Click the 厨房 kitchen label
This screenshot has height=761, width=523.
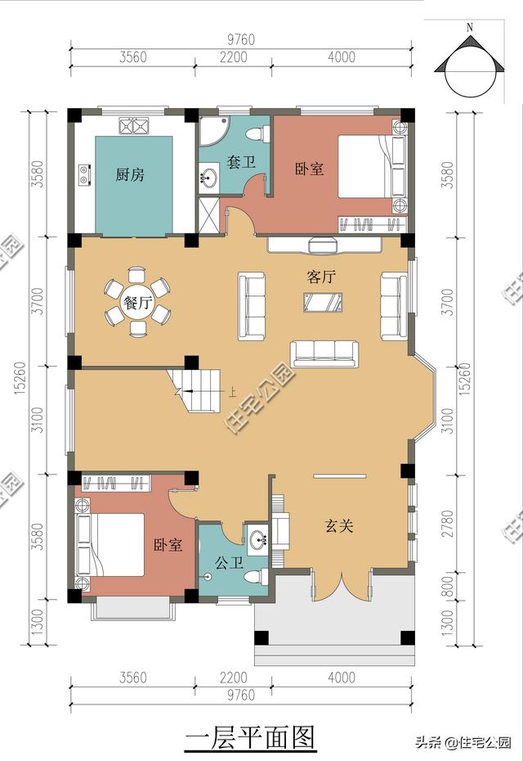pyautogui.click(x=130, y=174)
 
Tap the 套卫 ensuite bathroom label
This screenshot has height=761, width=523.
pyautogui.click(x=241, y=162)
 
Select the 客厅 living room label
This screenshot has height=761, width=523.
pyautogui.click(x=321, y=277)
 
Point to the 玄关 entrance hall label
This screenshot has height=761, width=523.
pyautogui.click(x=340, y=526)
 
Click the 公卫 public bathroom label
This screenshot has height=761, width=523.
pyautogui.click(x=228, y=563)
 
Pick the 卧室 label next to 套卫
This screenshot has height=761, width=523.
pyautogui.click(x=309, y=169)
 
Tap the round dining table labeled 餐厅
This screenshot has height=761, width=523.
pyautogui.click(x=138, y=303)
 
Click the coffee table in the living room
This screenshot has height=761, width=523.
pyautogui.click(x=323, y=303)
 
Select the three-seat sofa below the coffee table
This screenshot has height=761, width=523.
pyautogui.click(x=324, y=352)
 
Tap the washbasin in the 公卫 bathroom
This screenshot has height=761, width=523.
pyautogui.click(x=259, y=539)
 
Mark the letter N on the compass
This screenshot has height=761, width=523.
pyautogui.click(x=470, y=28)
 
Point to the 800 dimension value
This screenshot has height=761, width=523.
pyautogui.click(x=447, y=586)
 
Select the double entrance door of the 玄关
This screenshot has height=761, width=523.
pyautogui.click(x=342, y=588)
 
